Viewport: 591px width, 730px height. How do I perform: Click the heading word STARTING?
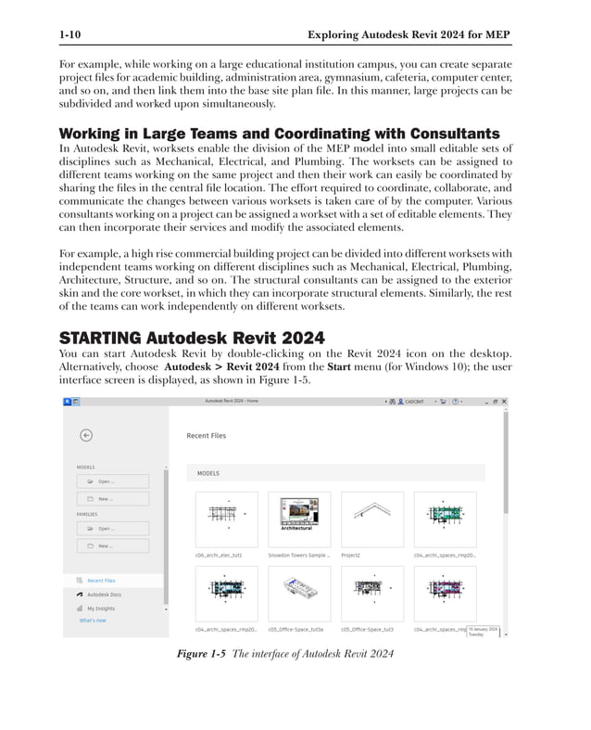[x=102, y=337]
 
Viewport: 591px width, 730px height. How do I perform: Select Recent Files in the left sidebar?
[x=101, y=581]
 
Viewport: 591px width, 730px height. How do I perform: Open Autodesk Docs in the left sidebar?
[x=103, y=595]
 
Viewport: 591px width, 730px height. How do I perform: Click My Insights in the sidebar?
[x=101, y=608]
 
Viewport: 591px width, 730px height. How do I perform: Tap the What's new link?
[x=93, y=621]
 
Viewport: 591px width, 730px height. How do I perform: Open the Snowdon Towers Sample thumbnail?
[x=299, y=519]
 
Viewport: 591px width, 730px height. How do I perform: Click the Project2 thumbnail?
[x=371, y=519]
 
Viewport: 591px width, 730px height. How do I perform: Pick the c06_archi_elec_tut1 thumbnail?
[x=226, y=519]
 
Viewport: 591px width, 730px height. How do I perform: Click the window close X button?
[x=504, y=402]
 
